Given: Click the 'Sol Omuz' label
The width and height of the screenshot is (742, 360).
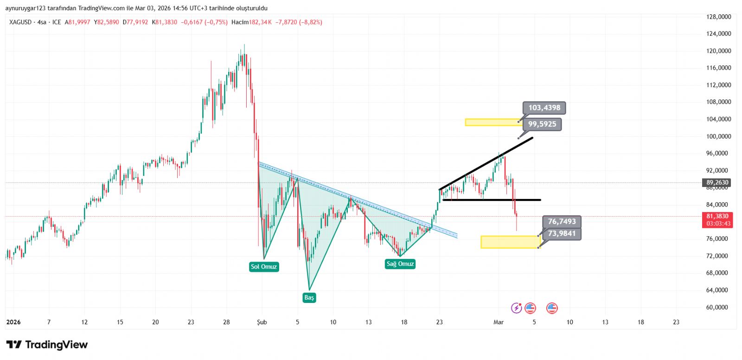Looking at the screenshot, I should pos(263,267).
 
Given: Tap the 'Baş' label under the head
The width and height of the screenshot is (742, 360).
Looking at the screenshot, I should pos(309,297).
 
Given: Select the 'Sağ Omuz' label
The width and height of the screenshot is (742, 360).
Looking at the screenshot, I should pos(400,264).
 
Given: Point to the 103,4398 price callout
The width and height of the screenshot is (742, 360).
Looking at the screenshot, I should pos(544,108).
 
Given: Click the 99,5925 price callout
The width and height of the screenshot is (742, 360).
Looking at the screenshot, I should pos(542,124).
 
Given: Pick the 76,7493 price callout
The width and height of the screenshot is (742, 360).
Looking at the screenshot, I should pos(562,222).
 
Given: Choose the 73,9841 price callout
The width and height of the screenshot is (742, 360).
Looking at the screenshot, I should pos(562,233).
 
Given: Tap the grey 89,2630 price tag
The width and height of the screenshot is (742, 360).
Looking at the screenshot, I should pos(717,182).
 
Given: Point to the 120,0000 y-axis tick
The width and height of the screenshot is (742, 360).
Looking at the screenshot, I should pos(718,51).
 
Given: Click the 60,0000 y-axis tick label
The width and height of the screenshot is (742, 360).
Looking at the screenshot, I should pos(718,307).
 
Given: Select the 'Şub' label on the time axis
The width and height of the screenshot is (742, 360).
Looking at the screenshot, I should pos(262,322).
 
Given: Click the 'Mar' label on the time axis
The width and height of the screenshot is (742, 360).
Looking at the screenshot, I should pos(499,322).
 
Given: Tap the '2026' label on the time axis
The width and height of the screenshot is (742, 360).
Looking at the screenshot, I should pos(13,322).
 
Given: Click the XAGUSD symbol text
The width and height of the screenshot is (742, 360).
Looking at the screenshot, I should pos(20,22).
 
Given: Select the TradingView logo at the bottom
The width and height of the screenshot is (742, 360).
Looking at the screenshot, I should pos(47,345).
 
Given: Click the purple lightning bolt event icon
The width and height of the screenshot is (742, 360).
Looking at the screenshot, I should pos(516,308).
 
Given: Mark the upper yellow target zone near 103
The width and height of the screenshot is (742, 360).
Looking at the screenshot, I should pos(493,122).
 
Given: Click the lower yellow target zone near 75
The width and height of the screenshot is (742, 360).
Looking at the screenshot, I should pos(509,242).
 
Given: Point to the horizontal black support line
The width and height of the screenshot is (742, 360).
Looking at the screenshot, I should pos(492,200).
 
